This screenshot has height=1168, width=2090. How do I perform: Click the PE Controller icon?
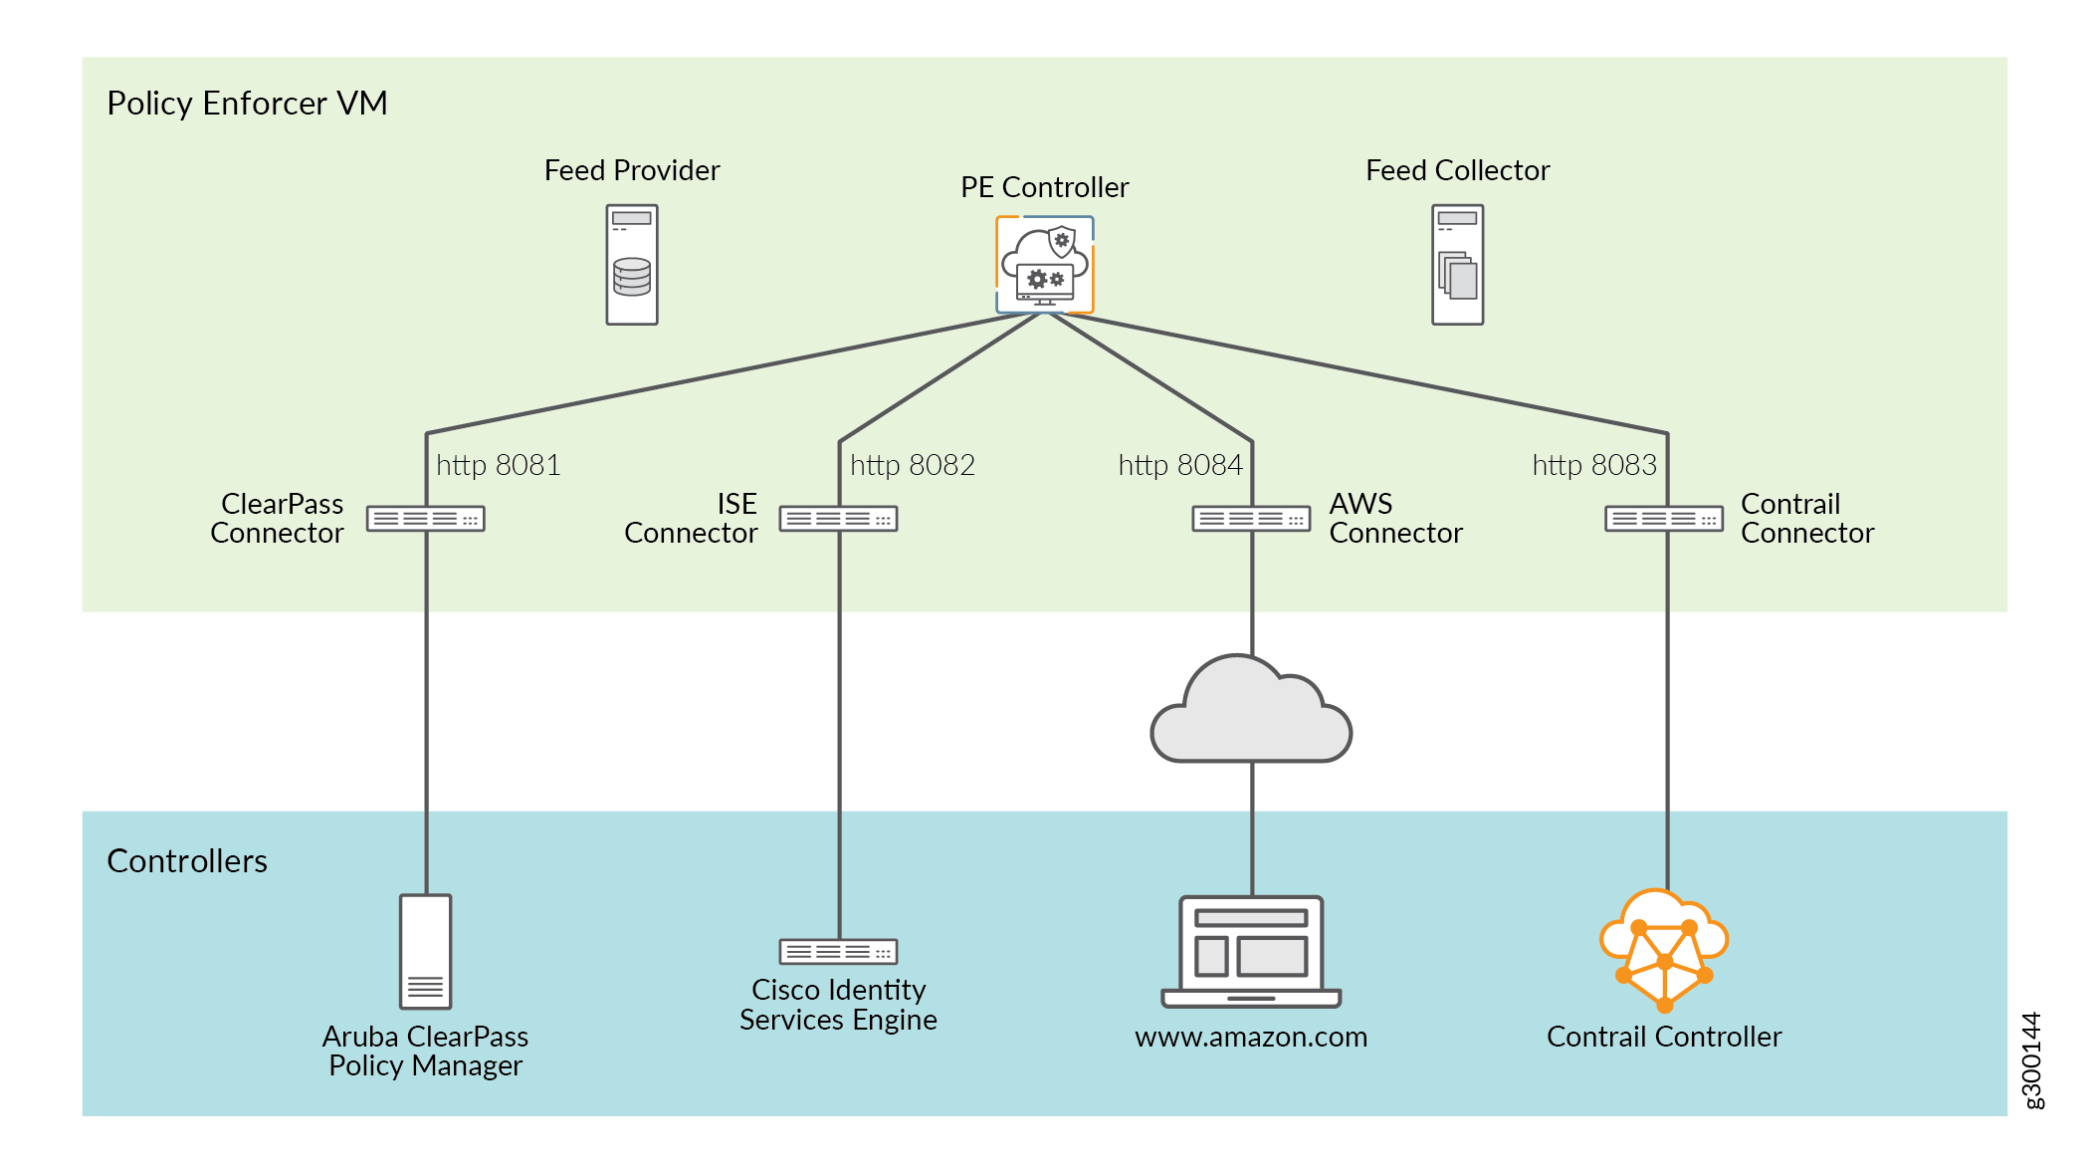tap(1044, 265)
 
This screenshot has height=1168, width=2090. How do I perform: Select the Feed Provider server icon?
tap(632, 265)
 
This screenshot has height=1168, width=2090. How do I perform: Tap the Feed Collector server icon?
tap(1457, 265)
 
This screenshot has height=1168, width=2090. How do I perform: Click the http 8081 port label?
tap(498, 465)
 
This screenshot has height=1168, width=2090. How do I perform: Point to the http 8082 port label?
tap(912, 465)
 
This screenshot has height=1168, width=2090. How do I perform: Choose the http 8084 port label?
tap(1180, 465)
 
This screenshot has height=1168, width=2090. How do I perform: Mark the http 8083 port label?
tap(1594, 465)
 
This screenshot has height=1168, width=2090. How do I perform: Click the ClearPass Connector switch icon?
tap(426, 519)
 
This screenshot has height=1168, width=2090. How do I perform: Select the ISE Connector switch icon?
tap(839, 519)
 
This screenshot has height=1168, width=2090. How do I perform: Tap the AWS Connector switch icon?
tap(1251, 519)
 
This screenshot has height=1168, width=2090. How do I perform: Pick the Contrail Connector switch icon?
tap(1664, 519)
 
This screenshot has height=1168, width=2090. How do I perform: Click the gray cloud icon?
tap(1251, 711)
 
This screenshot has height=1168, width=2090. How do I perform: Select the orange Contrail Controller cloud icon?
tap(1664, 949)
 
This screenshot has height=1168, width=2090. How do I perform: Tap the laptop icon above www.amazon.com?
tap(1251, 952)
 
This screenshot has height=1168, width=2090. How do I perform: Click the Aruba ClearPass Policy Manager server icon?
tap(426, 951)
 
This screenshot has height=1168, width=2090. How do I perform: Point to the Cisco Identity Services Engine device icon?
tap(839, 952)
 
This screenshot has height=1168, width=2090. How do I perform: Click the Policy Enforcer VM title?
tap(247, 104)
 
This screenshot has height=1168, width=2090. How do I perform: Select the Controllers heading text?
tap(187, 861)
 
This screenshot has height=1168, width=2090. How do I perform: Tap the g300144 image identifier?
tap(2032, 1059)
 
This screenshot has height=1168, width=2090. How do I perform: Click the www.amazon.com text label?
tap(1251, 1038)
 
